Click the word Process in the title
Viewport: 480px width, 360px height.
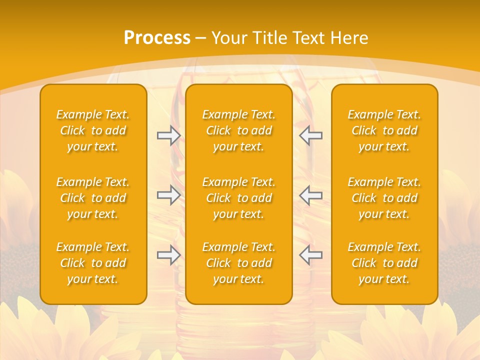click(157, 38)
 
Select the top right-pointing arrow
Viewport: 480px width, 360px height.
click(168, 135)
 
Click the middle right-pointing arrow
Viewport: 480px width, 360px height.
click(168, 195)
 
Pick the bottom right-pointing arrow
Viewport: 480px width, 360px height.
click(168, 255)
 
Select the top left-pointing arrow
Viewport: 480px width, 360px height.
click(311, 135)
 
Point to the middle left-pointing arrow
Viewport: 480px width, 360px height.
click(311, 195)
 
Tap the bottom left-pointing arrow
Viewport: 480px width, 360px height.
click(311, 255)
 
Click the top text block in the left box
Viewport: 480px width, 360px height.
click(93, 130)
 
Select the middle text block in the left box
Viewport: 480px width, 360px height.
click(93, 198)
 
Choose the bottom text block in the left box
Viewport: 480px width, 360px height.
click(93, 263)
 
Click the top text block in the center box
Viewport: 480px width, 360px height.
click(239, 130)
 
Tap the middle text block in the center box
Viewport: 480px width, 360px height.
click(239, 198)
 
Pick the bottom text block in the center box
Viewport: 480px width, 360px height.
click(239, 263)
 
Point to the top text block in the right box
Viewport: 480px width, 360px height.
click(384, 130)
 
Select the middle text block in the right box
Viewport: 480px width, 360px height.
click(384, 198)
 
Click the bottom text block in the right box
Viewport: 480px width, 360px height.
click(384, 263)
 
